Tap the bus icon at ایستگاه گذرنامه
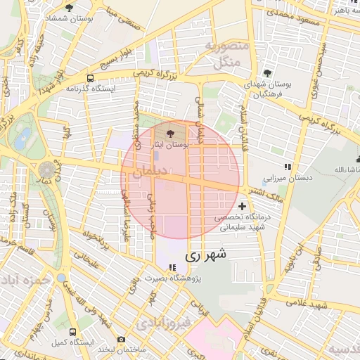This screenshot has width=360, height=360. [x=90, y=79]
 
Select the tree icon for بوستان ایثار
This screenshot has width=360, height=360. [x=170, y=132]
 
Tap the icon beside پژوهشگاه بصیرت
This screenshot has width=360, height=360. [x=172, y=266]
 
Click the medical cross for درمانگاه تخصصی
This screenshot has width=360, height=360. [x=243, y=207]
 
